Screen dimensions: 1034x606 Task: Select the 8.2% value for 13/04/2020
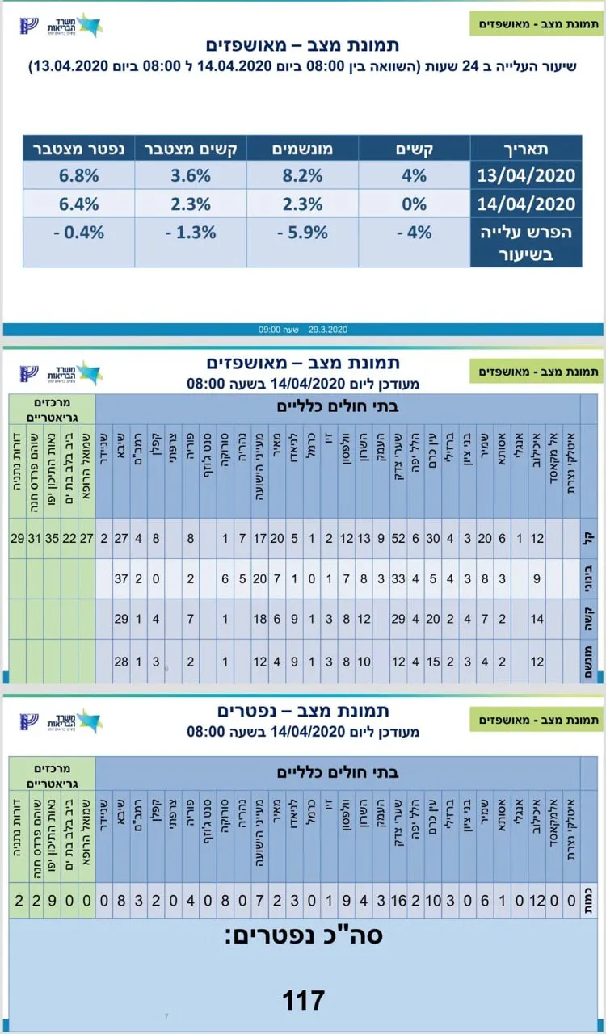pyautogui.click(x=303, y=174)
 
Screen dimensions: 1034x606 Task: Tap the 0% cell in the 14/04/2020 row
pyautogui.click(x=414, y=204)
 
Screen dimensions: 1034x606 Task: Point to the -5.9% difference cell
pyautogui.click(x=303, y=233)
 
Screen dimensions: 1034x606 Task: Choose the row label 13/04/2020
pyautogui.click(x=526, y=174)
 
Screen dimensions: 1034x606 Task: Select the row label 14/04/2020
pyautogui.click(x=526, y=204)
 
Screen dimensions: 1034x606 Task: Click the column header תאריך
pyautogui.click(x=526, y=149)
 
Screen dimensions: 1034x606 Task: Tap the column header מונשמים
pyautogui.click(x=303, y=149)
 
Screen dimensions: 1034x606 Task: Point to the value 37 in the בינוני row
pyautogui.click(x=122, y=578)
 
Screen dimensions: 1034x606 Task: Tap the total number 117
pyautogui.click(x=303, y=1001)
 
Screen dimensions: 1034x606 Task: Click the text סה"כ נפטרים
pyautogui.click(x=303, y=935)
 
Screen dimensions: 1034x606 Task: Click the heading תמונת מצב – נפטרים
pyautogui.click(x=303, y=711)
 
